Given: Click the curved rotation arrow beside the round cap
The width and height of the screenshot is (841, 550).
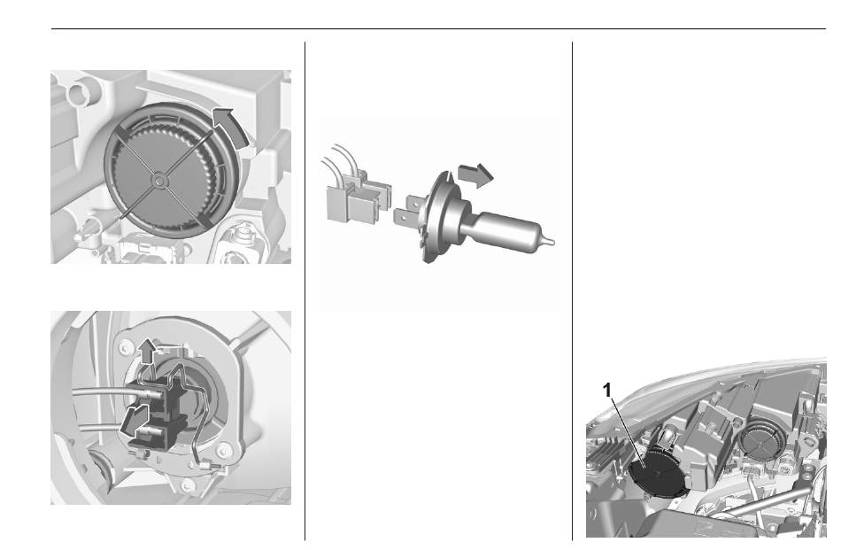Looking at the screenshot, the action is pyautogui.click(x=228, y=126).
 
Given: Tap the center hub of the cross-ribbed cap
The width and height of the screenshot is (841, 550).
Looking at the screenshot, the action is pyautogui.click(x=158, y=181).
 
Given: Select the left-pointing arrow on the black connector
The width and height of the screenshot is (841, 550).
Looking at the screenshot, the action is pyautogui.click(x=134, y=420).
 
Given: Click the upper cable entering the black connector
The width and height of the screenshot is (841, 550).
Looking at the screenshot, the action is pyautogui.click(x=112, y=394).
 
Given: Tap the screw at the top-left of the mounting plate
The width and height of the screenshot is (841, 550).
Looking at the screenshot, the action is pyautogui.click(x=125, y=348).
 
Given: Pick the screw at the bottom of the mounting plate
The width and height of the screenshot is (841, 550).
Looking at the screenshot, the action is pyautogui.click(x=186, y=486).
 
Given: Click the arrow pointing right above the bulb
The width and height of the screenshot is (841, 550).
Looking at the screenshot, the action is pyautogui.click(x=475, y=174).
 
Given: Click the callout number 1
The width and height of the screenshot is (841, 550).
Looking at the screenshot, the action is pyautogui.click(x=607, y=390).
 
